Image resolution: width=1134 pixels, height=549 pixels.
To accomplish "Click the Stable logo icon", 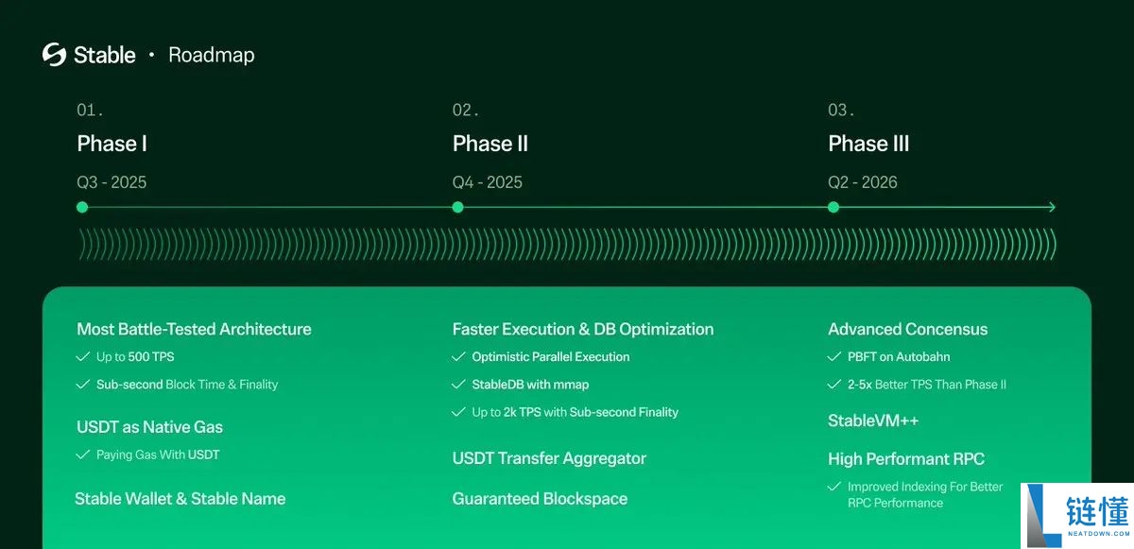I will pyautogui.click(x=54, y=55).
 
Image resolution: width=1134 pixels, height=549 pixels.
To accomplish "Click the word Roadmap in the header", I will pyautogui.click(x=211, y=55).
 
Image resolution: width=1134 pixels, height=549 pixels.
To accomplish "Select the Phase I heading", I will pyautogui.click(x=112, y=144).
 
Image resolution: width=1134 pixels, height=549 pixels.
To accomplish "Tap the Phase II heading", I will pyautogui.click(x=490, y=144).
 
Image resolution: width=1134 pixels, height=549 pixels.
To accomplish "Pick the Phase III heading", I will pyautogui.click(x=868, y=144).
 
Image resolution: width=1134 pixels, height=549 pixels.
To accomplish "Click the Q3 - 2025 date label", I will pyautogui.click(x=112, y=182).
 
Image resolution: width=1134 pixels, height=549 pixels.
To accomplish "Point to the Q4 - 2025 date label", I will pyautogui.click(x=487, y=182).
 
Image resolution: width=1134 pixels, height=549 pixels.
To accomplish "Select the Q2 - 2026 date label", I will pyautogui.click(x=863, y=182).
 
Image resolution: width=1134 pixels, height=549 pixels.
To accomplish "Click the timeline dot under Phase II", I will pyautogui.click(x=457, y=207).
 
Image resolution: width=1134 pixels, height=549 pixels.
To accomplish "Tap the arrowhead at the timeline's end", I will pyautogui.click(x=1051, y=207).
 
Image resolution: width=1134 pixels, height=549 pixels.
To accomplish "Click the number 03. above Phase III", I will pyautogui.click(x=841, y=111).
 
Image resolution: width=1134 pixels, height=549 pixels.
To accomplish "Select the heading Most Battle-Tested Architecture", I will pyautogui.click(x=194, y=329).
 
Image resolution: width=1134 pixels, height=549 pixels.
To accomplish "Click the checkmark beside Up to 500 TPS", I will pyautogui.click(x=83, y=357).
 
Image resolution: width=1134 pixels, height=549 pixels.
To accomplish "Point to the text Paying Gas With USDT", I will pyautogui.click(x=157, y=455).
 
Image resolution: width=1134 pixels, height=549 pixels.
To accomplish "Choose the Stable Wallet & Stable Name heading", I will pyautogui.click(x=180, y=498).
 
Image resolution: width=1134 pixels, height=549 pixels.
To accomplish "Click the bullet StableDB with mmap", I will pyautogui.click(x=530, y=385).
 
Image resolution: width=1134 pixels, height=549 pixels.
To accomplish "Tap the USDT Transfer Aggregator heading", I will pyautogui.click(x=549, y=458).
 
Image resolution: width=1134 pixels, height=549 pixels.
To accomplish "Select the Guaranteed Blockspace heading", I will pyautogui.click(x=540, y=498).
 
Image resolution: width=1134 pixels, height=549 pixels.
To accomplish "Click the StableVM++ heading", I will pyautogui.click(x=873, y=420).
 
